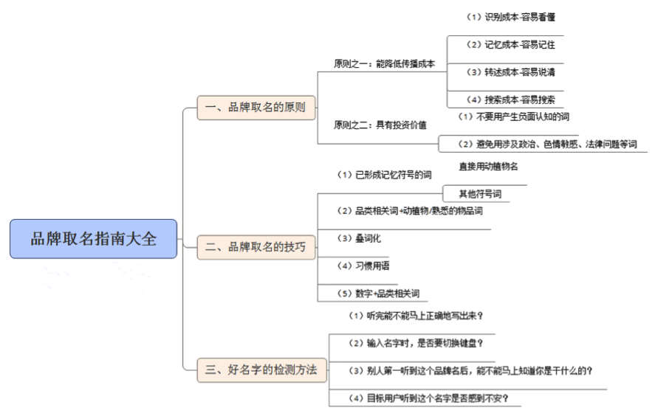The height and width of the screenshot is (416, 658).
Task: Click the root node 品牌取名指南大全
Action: (94, 239)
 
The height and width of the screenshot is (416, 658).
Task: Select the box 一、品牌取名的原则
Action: (256, 108)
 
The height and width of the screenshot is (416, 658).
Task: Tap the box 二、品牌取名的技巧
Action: (256, 247)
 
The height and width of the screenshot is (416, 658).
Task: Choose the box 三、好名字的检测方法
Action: (262, 370)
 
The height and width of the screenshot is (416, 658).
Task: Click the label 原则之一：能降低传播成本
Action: (385, 63)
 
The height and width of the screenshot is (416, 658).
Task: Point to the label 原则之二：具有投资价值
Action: (380, 125)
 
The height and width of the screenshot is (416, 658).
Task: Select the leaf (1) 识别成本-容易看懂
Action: (511, 17)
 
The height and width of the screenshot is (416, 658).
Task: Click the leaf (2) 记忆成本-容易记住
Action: (511, 44)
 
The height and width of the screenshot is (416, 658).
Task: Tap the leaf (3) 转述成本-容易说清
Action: (511, 72)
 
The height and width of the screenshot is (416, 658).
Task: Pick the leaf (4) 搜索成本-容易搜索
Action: (511, 100)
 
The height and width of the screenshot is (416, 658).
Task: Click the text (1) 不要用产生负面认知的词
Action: (514, 117)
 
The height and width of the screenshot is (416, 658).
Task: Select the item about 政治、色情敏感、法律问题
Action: (547, 144)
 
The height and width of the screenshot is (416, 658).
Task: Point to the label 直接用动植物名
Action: (488, 166)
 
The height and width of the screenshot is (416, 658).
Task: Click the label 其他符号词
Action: (480, 194)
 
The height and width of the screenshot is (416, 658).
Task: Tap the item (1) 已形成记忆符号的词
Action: (385, 175)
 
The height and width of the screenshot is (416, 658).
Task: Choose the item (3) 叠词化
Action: (359, 238)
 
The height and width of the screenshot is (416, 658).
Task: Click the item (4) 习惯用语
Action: (363, 266)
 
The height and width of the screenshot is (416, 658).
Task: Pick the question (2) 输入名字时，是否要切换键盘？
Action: (416, 343)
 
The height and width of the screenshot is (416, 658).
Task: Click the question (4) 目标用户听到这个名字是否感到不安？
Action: (428, 398)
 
